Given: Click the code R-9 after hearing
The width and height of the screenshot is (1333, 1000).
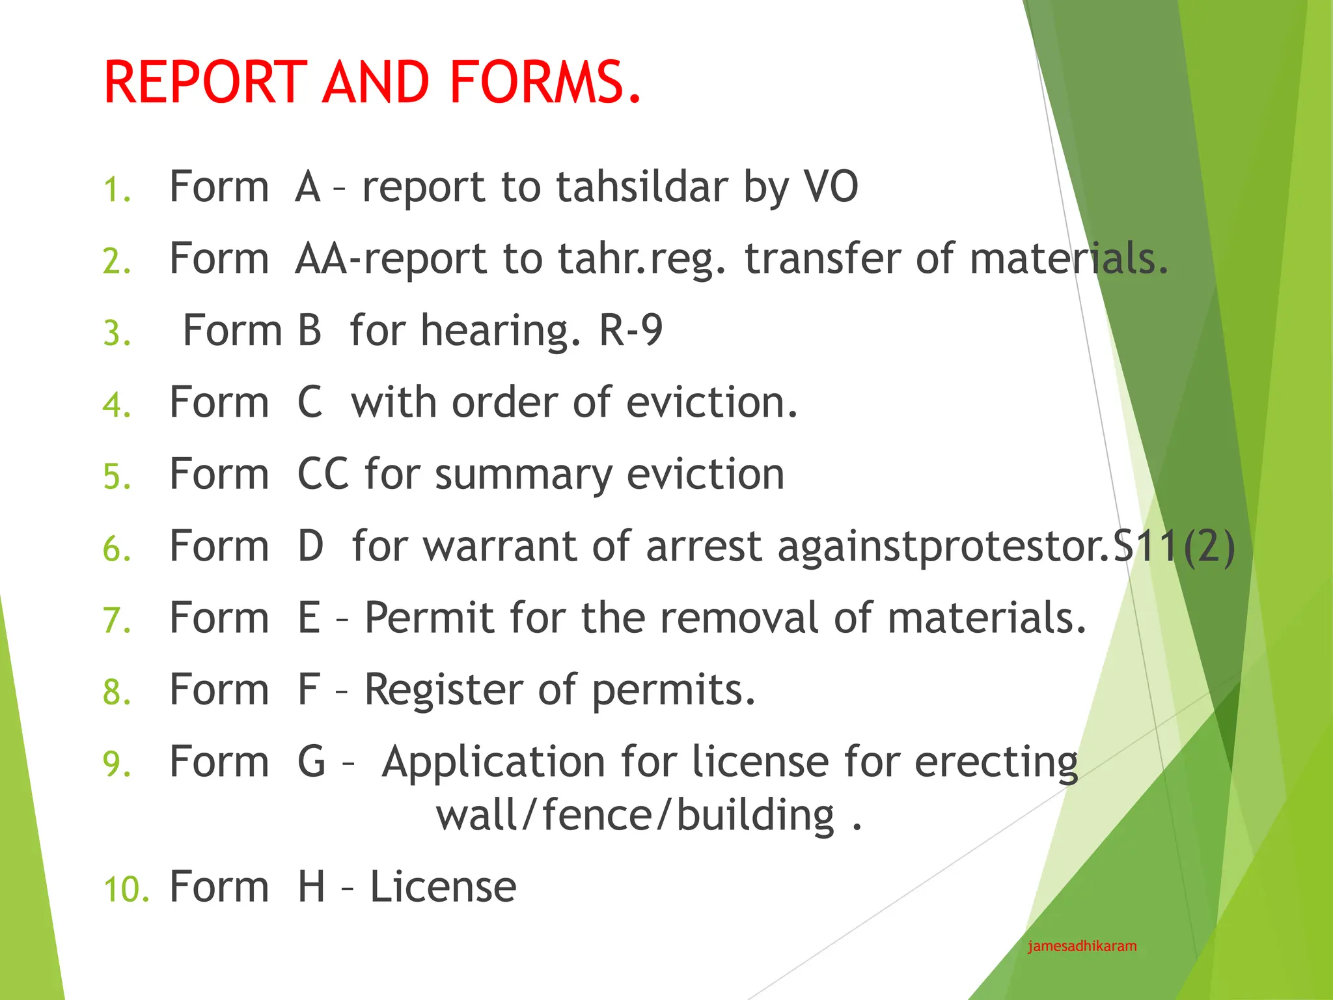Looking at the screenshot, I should click(630, 330).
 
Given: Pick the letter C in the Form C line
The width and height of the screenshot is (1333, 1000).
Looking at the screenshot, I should click(310, 402).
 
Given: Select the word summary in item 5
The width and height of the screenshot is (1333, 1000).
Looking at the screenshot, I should click(523, 475).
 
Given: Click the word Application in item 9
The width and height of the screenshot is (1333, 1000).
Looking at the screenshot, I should click(494, 762).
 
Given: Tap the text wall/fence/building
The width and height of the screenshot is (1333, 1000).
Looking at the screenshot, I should click(635, 815).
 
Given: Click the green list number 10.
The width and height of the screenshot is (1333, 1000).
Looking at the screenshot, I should click(126, 889).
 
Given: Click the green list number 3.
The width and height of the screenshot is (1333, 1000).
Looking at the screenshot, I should click(117, 333).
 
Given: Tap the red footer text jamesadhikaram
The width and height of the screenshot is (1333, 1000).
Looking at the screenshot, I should click(1082, 946).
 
